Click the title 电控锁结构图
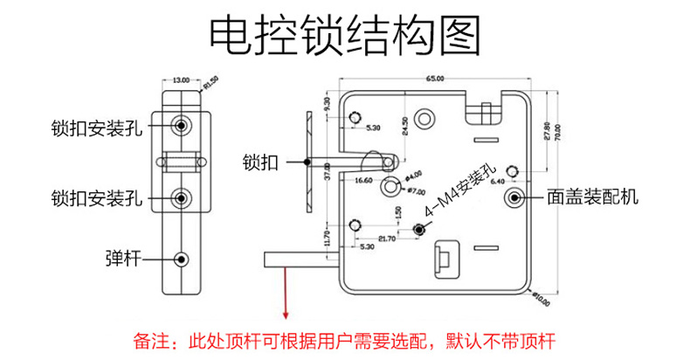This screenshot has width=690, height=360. (x=345, y=36)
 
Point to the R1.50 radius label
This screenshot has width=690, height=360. (x=210, y=84)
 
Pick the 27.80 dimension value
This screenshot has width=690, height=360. (x=547, y=131)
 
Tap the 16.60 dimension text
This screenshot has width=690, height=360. (x=364, y=180)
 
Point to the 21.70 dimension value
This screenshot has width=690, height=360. (x=386, y=238)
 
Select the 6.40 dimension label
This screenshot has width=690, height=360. (x=499, y=181)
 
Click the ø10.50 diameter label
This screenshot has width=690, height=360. (x=542, y=300)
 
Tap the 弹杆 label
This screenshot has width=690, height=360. (x=121, y=259)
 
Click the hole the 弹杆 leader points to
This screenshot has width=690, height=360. (x=182, y=259)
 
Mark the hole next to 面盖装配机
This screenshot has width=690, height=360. (x=514, y=197)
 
